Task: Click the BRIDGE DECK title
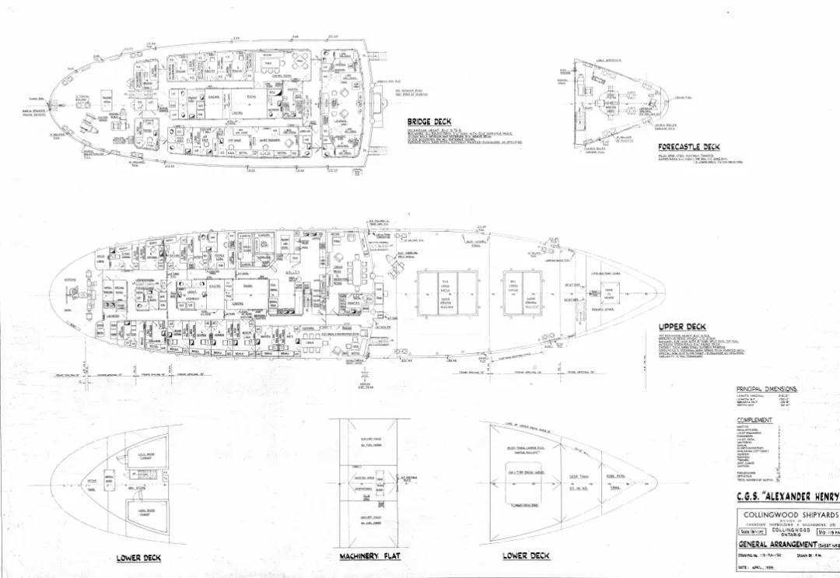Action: tap(429, 121)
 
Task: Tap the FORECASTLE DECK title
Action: tap(688, 147)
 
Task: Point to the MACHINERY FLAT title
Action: tap(369, 557)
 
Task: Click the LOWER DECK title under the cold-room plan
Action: tap(138, 558)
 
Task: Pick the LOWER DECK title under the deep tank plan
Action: tap(527, 556)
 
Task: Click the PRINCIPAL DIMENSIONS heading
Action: tap(766, 389)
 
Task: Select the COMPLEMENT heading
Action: tap(754, 420)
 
